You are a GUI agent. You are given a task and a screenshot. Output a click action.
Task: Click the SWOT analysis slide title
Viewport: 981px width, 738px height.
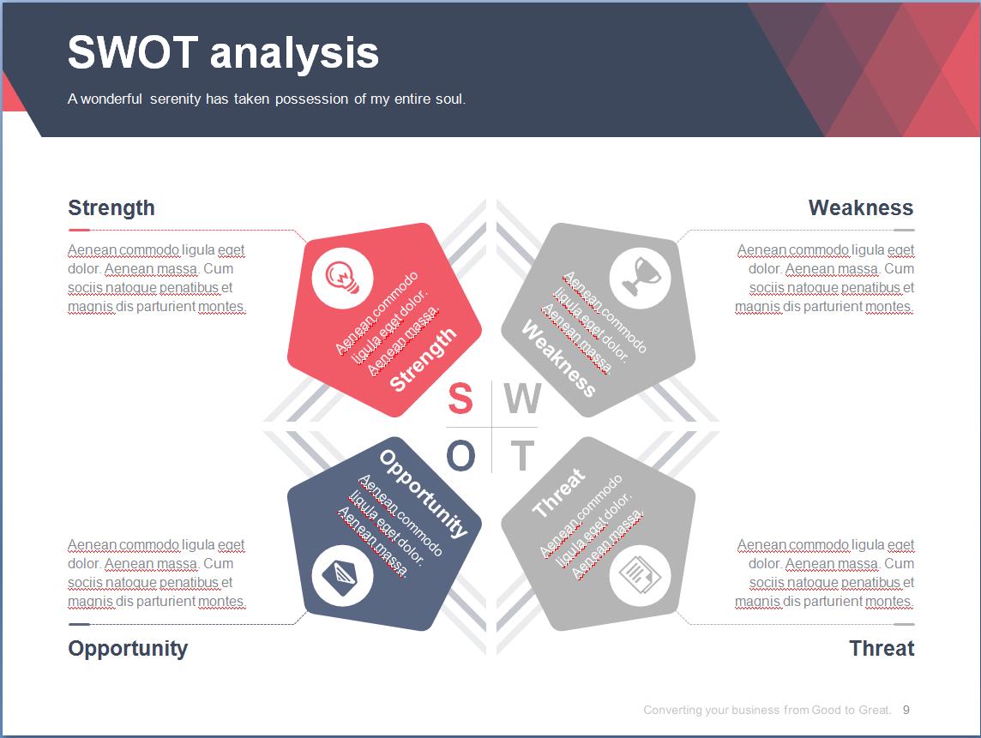pos(223,52)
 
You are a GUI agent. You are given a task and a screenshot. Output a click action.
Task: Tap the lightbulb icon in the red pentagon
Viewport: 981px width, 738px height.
pos(343,278)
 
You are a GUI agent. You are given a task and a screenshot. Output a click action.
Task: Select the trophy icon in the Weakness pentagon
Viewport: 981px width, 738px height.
pos(640,278)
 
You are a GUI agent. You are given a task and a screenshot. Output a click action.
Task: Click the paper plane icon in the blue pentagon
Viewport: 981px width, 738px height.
pos(343,575)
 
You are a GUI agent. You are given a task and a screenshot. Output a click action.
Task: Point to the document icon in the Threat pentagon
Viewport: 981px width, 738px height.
pos(640,575)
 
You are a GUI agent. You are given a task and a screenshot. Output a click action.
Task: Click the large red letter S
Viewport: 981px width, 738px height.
pos(460,398)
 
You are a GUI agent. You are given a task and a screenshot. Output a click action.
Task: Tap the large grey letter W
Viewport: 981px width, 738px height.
pos(522,398)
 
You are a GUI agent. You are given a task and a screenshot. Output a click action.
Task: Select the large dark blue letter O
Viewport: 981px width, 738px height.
pos(461,454)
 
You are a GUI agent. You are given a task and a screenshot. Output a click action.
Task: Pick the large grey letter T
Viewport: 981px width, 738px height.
pos(522,455)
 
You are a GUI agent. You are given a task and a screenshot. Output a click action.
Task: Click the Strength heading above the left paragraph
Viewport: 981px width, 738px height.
pos(111,207)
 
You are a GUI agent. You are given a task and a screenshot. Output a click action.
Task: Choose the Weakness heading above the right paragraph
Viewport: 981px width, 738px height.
pos(861,207)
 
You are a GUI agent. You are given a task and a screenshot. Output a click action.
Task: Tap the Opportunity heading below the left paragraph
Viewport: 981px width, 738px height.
pos(128,649)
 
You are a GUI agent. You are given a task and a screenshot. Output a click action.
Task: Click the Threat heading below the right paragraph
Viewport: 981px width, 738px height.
pos(882,648)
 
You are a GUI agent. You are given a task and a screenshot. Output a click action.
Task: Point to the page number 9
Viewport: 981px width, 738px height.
pos(906,710)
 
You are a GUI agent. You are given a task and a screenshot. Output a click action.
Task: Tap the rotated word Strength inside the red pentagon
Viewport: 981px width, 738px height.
pos(424,359)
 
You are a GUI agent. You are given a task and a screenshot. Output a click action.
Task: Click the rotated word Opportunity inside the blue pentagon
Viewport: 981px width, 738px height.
pos(424,494)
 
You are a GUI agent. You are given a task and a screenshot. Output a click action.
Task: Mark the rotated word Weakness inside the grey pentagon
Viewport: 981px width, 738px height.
pos(559,358)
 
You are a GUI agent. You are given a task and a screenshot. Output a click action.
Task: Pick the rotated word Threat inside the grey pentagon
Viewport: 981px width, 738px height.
pos(559,494)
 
